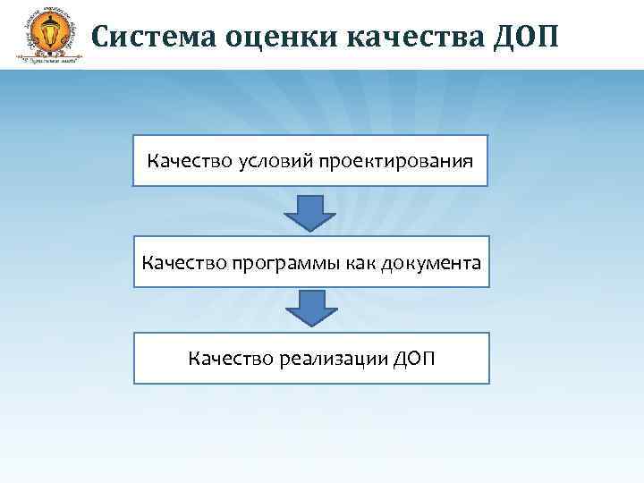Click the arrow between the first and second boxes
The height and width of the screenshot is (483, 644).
(310, 211)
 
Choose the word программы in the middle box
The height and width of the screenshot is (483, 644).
(272, 264)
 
